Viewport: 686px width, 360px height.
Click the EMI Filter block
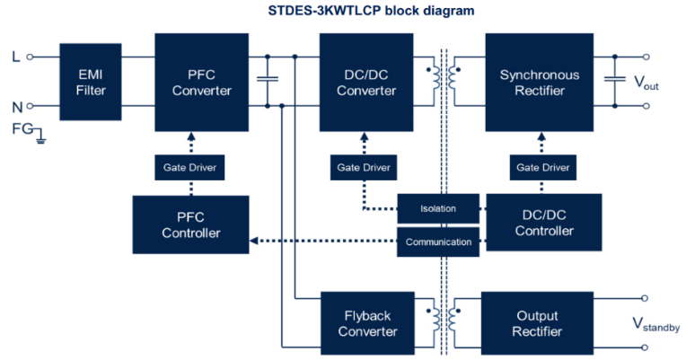(x=91, y=82)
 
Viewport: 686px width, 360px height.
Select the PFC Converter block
(x=202, y=82)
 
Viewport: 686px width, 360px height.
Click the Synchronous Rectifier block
(x=539, y=82)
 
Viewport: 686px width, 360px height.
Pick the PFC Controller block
(x=190, y=224)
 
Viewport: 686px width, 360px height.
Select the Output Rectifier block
(x=539, y=323)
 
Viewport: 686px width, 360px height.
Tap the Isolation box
(x=438, y=208)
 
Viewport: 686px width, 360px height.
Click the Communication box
(x=438, y=241)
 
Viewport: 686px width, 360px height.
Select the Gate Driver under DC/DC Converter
(x=364, y=167)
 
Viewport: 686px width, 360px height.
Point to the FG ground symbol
(x=39, y=137)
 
